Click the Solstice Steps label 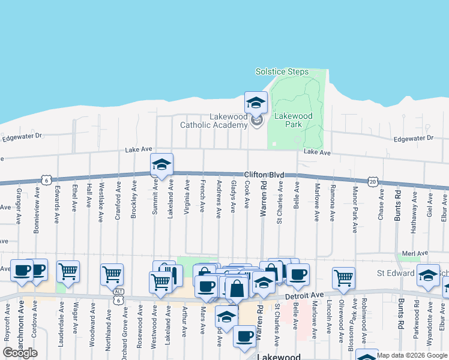point(282,72)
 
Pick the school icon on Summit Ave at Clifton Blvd point(161,165)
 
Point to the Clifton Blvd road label point(264,175)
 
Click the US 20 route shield point(373,181)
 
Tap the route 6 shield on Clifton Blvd point(46,179)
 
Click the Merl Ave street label point(415,254)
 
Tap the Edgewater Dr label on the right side point(413,139)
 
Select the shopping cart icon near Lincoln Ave point(343,278)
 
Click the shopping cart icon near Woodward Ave point(68,271)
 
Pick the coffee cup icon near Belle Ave point(298,274)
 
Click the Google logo point(20,352)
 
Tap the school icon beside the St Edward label point(427,275)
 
